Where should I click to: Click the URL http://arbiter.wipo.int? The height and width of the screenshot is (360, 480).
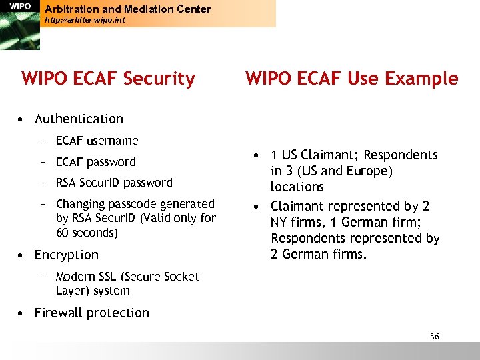(x=84, y=21)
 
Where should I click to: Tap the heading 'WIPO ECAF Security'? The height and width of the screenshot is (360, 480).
(x=108, y=79)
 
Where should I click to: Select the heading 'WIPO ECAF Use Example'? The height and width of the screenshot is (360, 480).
(x=351, y=79)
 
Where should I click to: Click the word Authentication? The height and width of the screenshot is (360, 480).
(x=79, y=119)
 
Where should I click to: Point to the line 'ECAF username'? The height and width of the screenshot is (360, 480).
(x=97, y=141)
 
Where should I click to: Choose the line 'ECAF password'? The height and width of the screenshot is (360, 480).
(x=95, y=162)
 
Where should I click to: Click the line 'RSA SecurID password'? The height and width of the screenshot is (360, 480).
(x=114, y=183)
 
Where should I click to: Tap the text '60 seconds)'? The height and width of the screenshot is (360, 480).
(x=87, y=233)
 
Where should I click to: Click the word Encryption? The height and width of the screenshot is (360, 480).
(x=66, y=255)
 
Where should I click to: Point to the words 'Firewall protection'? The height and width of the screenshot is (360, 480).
(x=92, y=313)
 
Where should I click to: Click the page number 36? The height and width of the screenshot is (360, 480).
(x=434, y=337)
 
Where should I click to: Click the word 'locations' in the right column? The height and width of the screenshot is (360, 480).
(x=297, y=187)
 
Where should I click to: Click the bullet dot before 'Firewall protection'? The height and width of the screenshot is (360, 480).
(x=22, y=313)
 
